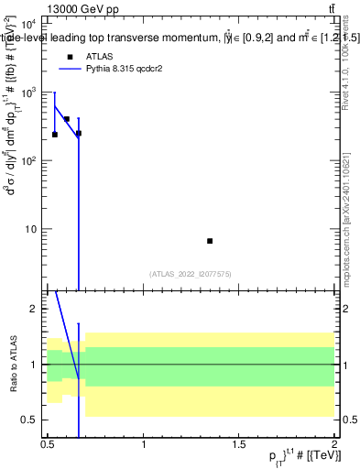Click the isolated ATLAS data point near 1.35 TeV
pyautogui.click(x=210, y=241)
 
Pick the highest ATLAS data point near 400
pyautogui.click(x=67, y=119)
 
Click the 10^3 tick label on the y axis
pyautogui.click(x=28, y=93)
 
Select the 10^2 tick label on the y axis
pyautogui.click(x=28, y=160)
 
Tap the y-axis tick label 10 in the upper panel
pyautogui.click(x=31, y=229)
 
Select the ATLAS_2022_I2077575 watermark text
pyautogui.click(x=191, y=274)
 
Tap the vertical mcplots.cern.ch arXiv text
pyautogui.click(x=345, y=210)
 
